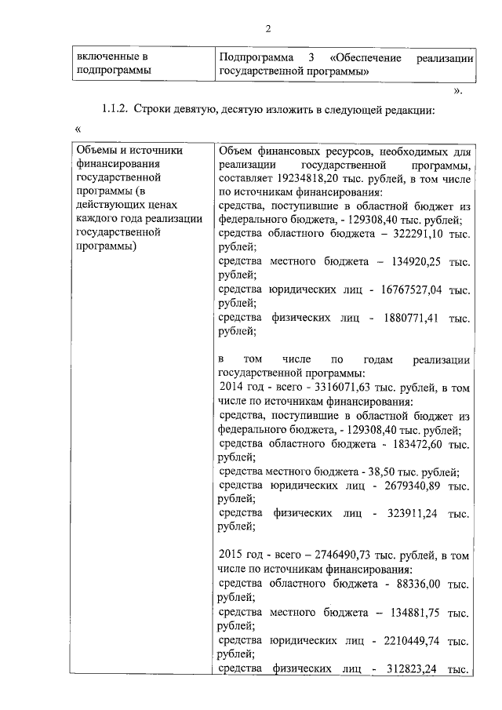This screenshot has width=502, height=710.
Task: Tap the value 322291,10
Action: coord(413,234)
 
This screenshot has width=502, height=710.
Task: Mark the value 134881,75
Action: coord(414,612)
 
